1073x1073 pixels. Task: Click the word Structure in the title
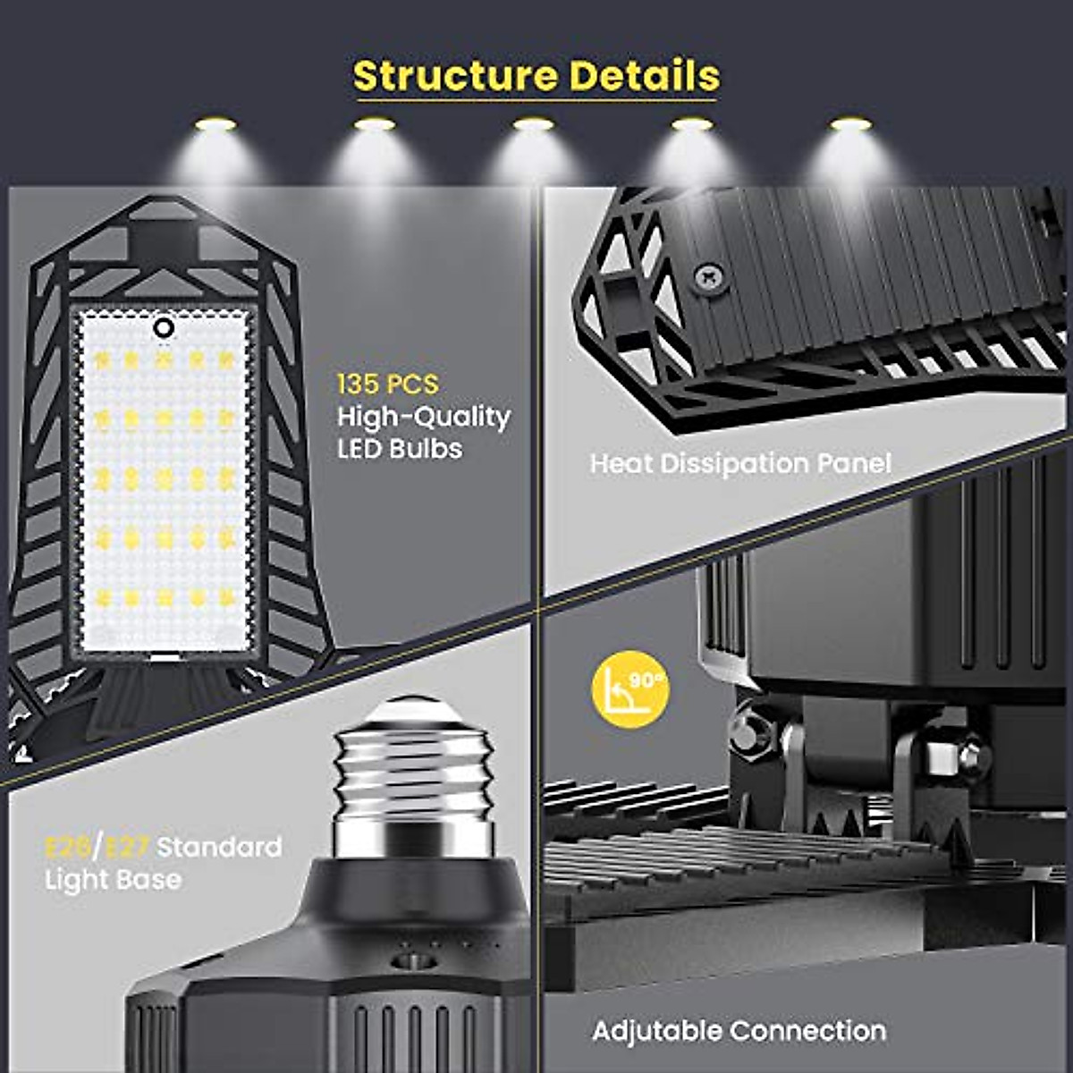[455, 76]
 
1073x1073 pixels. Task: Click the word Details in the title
[644, 76]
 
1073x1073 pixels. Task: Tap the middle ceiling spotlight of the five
[533, 125]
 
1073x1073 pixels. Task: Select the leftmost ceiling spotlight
[215, 123]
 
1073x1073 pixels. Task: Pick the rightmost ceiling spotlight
[849, 123]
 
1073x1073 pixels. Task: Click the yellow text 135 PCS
[387, 384]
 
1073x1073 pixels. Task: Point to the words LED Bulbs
[400, 448]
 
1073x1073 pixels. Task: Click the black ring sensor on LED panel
[163, 328]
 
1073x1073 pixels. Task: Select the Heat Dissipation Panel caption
[740, 463]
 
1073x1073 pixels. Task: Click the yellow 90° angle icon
[631, 687]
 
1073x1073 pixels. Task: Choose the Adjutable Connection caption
[739, 1031]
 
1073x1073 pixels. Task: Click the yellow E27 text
[128, 846]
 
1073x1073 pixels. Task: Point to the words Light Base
[113, 880]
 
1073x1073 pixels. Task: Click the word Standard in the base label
[219, 846]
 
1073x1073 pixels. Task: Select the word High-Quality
[423, 417]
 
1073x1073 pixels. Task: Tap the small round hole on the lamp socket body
[413, 961]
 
